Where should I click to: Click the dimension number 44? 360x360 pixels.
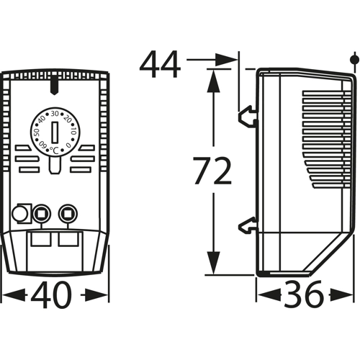point(160,64)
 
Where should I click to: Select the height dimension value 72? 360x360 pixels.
point(212,171)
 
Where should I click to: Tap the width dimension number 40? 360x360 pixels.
point(52,294)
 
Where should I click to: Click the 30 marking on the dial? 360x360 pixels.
point(55,114)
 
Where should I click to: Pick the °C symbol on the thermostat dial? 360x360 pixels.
point(54,150)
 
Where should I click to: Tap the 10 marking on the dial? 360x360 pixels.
point(73,132)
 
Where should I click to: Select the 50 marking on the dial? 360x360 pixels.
point(36,132)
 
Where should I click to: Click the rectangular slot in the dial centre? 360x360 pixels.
point(55,132)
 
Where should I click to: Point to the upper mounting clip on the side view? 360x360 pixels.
point(247,117)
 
